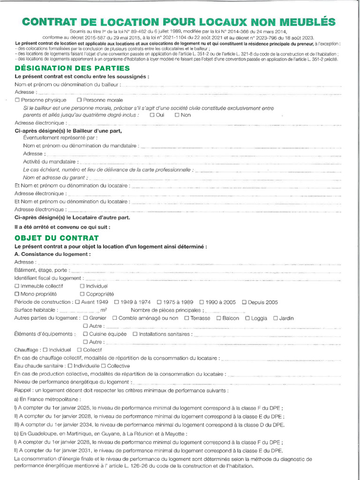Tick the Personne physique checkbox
pos(17,100)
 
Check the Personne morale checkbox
pos(79,100)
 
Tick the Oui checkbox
pos(152,115)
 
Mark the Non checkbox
pos(177,115)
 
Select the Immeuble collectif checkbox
pos(17,286)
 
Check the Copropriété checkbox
pos(82,294)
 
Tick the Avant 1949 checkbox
pos(78,302)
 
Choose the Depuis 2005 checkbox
pos(244,302)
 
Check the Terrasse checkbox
pos(187,318)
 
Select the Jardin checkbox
pos(276,318)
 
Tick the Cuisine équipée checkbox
pos(85,334)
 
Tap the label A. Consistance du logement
pos(52,254)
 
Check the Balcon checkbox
pos(219,318)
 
